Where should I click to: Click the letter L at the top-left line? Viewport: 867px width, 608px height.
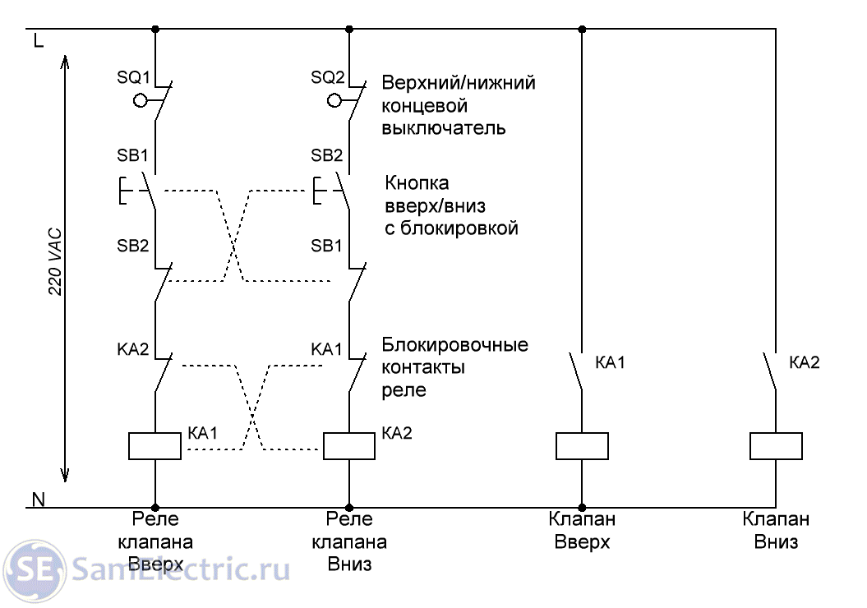[38, 40]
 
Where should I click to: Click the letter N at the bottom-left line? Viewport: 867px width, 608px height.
[38, 500]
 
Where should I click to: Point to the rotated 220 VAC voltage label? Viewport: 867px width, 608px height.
[55, 261]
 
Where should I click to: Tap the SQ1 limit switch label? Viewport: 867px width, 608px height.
[133, 77]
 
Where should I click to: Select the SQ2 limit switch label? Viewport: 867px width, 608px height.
[327, 77]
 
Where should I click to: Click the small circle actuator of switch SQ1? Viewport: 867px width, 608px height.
[141, 100]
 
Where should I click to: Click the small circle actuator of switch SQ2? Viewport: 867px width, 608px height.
[334, 100]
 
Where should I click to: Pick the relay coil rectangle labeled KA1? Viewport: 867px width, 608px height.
[154, 446]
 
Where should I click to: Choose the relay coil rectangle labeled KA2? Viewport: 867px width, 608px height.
[349, 446]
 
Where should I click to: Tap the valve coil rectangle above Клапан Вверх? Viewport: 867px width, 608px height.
[582, 446]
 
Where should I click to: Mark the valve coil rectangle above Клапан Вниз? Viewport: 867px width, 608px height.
[776, 446]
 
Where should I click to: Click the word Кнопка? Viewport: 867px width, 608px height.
[417, 183]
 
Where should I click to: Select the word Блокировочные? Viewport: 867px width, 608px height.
[455, 345]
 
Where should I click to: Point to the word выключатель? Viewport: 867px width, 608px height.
[444, 128]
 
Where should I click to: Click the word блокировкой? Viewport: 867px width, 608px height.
[459, 228]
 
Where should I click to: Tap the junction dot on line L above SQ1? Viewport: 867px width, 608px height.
[155, 29]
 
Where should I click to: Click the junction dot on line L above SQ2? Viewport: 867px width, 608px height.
[349, 29]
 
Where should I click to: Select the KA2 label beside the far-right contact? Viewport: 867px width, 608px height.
[804, 362]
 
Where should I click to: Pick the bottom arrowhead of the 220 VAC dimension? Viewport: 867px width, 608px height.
[65, 474]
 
